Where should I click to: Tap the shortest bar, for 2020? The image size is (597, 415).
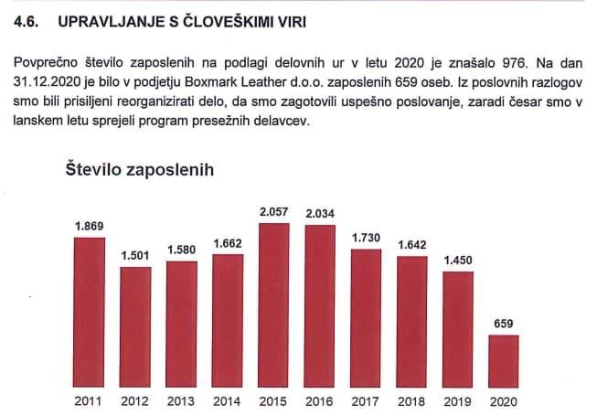pyautogui.click(x=503, y=361)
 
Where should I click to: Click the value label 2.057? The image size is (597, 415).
pyautogui.click(x=273, y=213)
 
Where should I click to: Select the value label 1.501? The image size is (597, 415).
pyautogui.click(x=135, y=255)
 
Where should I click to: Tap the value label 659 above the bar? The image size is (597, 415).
pyautogui.click(x=504, y=323)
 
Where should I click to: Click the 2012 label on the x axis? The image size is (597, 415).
pyautogui.click(x=135, y=400)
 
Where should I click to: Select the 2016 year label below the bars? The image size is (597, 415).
pyautogui.click(x=319, y=400)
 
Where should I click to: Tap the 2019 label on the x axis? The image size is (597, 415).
pyautogui.click(x=457, y=400)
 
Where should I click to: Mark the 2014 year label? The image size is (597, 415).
pyautogui.click(x=228, y=400)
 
